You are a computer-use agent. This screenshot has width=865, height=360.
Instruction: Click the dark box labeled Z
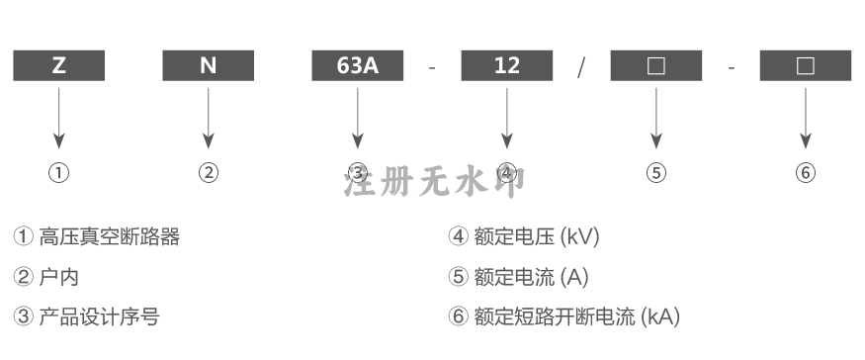click(x=59, y=65)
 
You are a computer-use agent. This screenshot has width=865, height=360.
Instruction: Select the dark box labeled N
click(x=208, y=65)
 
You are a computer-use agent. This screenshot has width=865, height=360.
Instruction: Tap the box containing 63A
click(x=358, y=65)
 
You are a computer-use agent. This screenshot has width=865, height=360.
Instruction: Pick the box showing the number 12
click(x=507, y=65)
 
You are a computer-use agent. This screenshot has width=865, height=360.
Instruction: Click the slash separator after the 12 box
click(x=581, y=67)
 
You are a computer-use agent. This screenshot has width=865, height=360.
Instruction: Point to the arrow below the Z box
click(x=59, y=118)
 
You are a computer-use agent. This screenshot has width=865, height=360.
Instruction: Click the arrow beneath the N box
click(x=208, y=118)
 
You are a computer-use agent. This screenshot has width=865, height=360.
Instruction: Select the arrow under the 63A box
click(x=358, y=118)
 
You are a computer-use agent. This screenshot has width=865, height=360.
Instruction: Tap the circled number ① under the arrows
click(x=59, y=173)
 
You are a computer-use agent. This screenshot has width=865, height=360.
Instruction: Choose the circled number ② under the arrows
click(x=209, y=173)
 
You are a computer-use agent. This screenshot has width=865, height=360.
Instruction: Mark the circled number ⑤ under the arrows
click(x=656, y=173)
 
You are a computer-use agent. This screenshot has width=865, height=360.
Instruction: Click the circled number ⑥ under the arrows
click(x=806, y=173)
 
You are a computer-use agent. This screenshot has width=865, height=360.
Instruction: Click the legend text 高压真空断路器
click(x=109, y=237)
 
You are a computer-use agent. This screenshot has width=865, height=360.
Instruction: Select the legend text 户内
click(x=59, y=277)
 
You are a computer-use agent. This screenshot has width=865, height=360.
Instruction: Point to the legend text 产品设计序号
click(x=99, y=316)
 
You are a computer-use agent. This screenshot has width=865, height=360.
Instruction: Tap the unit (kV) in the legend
click(x=579, y=237)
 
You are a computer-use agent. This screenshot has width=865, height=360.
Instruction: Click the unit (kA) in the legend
click(x=660, y=316)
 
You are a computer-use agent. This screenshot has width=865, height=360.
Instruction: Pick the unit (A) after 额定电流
click(x=574, y=277)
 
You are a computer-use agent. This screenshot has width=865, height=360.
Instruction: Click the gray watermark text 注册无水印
click(x=434, y=182)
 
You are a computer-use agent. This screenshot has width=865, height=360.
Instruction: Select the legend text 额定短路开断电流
click(x=555, y=316)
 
